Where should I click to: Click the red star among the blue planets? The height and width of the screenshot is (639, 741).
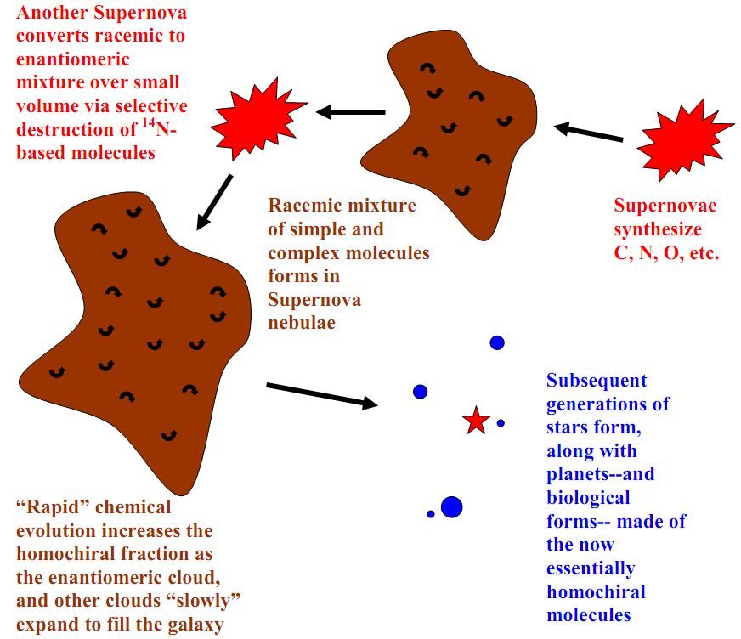[x=476, y=420]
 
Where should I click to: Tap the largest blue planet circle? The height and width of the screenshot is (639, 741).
[x=451, y=507]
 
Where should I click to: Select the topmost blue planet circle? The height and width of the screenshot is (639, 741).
[x=497, y=342]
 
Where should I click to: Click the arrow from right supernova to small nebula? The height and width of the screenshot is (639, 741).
[x=589, y=133]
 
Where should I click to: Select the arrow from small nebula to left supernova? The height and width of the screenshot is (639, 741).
[x=351, y=111]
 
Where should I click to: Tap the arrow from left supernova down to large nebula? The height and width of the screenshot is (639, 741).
[x=214, y=202]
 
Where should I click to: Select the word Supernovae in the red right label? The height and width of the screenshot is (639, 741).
[x=665, y=206]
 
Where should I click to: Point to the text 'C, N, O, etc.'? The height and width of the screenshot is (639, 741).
[x=666, y=252]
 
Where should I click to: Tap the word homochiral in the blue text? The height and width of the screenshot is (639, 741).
[x=596, y=591]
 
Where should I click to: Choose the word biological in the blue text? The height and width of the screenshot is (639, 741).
[x=588, y=497]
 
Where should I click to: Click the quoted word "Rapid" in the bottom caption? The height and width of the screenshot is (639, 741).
[x=53, y=507]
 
